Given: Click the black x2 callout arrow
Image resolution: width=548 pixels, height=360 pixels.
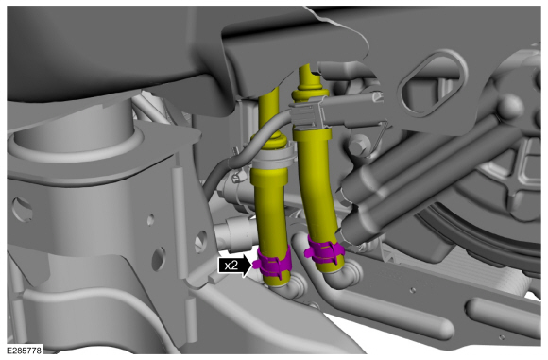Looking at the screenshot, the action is [234, 266].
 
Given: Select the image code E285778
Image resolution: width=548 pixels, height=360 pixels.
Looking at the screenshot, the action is [25, 350].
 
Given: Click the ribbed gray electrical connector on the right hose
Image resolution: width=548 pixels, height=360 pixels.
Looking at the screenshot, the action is [308, 114].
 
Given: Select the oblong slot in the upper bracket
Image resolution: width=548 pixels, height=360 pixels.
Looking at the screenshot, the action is [432, 83].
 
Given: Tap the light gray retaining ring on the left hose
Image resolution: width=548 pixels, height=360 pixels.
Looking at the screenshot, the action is [270, 157].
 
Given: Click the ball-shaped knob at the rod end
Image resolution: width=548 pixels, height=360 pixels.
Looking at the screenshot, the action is [510, 107].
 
